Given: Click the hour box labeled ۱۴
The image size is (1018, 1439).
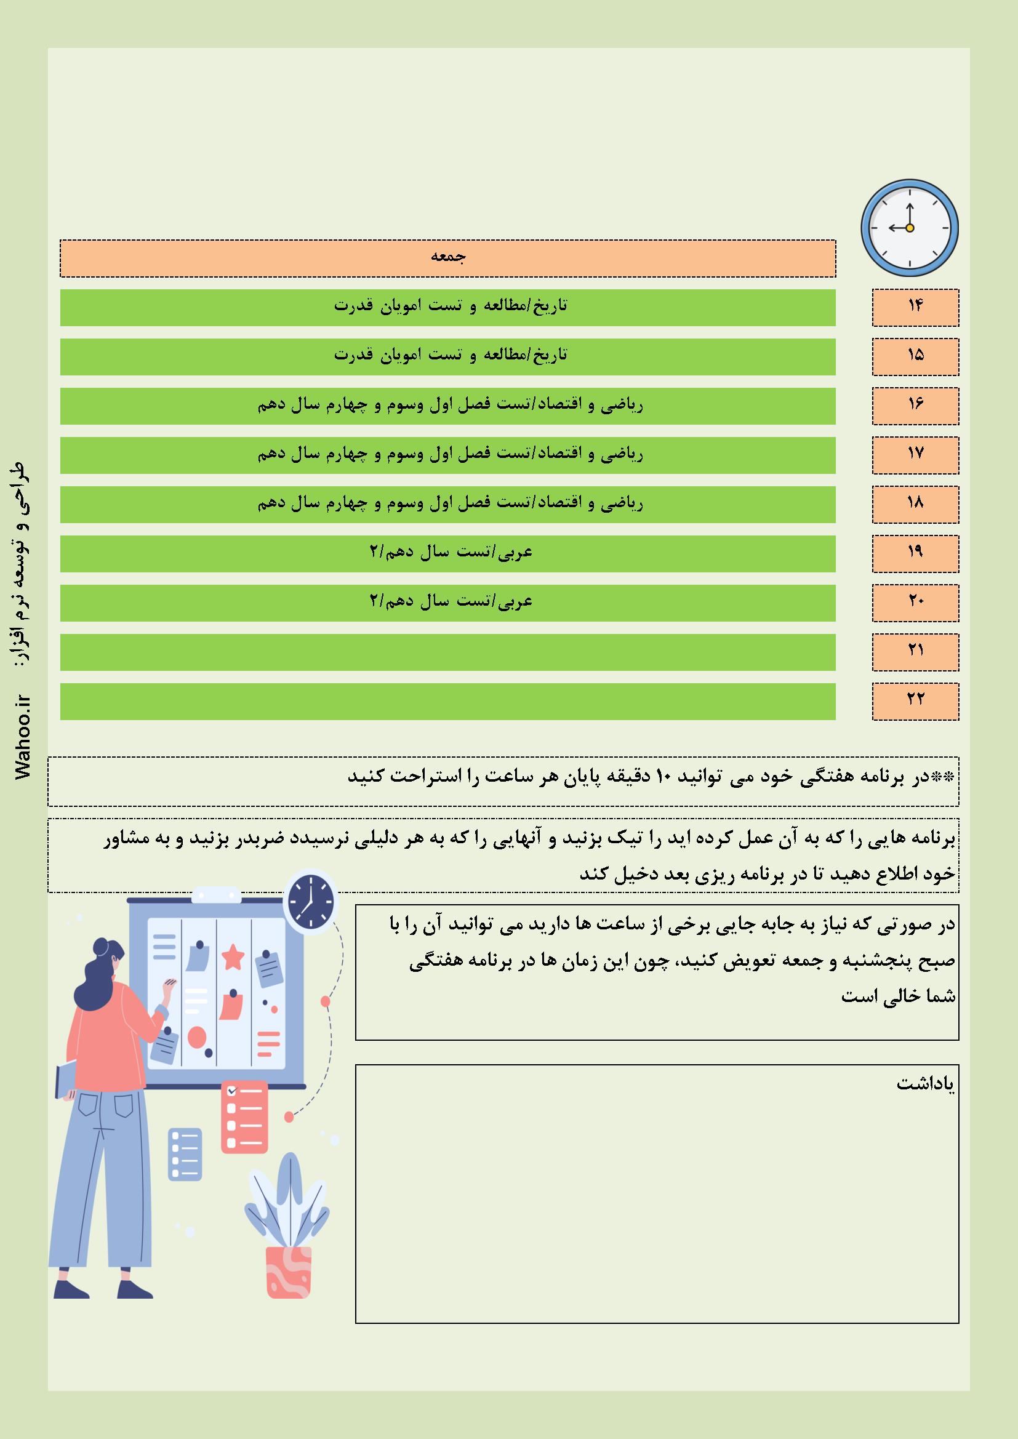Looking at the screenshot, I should [915, 307].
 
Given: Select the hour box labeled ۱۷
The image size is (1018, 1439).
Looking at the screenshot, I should [915, 455].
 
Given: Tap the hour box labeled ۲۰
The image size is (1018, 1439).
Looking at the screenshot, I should [915, 603].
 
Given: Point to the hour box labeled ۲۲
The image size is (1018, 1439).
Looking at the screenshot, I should [915, 701].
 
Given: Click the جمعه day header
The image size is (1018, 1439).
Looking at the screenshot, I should [447, 258].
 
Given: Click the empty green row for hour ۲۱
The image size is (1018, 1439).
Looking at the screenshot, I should [447, 652].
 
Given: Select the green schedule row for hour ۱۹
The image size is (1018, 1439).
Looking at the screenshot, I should [447, 553].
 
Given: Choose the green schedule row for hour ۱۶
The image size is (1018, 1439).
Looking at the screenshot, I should [447, 406].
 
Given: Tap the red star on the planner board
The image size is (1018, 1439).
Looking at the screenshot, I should [233, 957].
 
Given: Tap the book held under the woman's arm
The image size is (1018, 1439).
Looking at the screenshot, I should [65, 1078].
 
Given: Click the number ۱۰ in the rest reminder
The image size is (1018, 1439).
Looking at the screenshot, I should [664, 777].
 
